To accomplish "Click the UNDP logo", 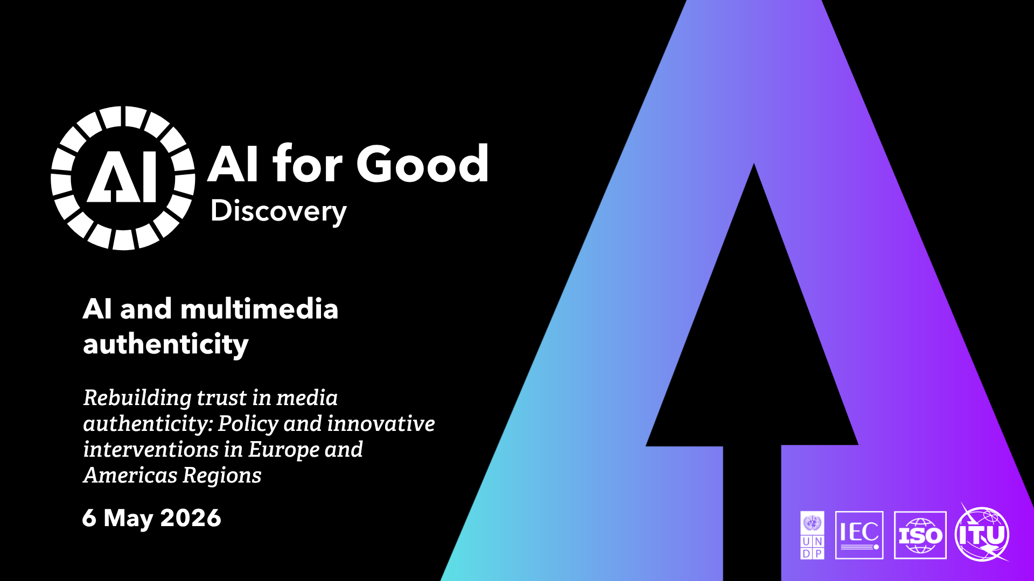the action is [x=812, y=535].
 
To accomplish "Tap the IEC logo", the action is [x=860, y=535].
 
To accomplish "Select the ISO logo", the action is [x=920, y=535].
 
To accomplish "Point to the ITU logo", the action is [x=982, y=534].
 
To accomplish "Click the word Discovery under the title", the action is [x=278, y=211].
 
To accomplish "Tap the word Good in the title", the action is [x=422, y=164].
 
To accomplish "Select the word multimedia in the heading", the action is [x=259, y=309].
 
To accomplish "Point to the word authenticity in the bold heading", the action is [x=166, y=344].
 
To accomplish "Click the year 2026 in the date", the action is [x=191, y=518].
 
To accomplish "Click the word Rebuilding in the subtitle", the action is [x=137, y=399].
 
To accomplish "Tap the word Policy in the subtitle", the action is [x=248, y=424].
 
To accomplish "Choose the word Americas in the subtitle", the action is [x=130, y=476].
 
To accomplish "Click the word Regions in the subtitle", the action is [x=222, y=476].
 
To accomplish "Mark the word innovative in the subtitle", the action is [x=381, y=424].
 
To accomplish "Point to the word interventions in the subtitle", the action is [x=150, y=450].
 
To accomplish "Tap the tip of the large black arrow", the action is [x=754, y=164].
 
